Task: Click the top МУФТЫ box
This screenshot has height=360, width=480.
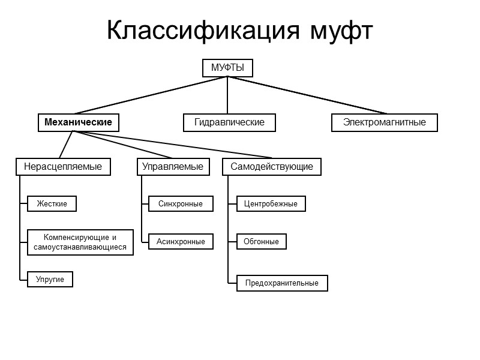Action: [227, 68]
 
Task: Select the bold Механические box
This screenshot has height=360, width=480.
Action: [78, 122]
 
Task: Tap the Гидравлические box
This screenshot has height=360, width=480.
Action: [229, 122]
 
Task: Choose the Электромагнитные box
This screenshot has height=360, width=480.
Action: [384, 122]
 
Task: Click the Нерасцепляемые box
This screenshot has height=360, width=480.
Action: [63, 166]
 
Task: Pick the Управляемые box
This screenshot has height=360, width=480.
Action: [174, 166]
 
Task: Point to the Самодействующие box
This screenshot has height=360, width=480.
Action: [272, 166]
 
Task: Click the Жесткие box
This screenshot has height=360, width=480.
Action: [52, 204]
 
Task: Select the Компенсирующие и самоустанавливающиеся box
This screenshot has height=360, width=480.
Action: [80, 242]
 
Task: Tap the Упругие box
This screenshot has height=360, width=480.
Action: [50, 280]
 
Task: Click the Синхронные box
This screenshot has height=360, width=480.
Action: [181, 204]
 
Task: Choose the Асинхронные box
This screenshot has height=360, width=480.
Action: [181, 242]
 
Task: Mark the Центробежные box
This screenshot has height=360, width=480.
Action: [271, 204]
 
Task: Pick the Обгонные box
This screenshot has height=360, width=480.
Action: [261, 242]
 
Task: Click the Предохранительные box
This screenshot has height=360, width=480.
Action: [282, 283]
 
